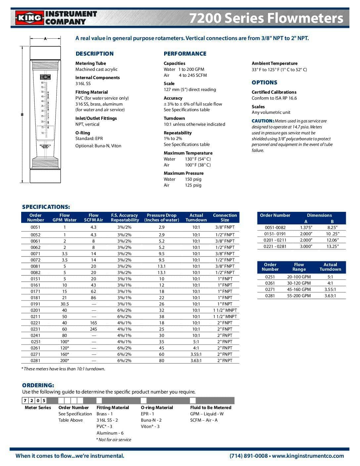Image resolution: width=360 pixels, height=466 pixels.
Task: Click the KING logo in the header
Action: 29,18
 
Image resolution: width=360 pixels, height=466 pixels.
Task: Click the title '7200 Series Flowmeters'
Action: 266,18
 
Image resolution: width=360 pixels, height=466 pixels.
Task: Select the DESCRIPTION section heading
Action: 94,54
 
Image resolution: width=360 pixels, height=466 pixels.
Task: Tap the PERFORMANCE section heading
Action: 185,54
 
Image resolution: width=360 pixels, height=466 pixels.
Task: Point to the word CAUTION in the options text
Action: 263,121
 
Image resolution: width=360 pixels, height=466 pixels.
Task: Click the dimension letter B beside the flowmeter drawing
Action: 22,115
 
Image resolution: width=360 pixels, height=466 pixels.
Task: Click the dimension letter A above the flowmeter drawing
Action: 45,39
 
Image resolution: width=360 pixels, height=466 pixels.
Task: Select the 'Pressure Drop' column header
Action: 161,217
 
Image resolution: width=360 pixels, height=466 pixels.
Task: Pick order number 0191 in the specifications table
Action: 35,304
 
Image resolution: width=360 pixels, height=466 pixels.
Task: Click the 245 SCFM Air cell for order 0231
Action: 93,329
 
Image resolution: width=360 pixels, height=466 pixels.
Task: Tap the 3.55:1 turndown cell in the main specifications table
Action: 196,354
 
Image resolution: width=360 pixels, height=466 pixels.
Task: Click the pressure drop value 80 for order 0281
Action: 161,360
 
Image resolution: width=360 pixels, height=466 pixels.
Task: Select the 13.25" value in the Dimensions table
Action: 332,246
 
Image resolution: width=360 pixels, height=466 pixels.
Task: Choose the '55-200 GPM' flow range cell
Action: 299,296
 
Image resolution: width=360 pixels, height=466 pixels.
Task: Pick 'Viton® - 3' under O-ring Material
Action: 150,426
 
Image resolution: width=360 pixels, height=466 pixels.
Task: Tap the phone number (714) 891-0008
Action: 248,456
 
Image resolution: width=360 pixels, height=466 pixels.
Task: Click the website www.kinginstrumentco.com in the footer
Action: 308,456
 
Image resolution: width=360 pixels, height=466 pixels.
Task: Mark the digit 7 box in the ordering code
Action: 25,400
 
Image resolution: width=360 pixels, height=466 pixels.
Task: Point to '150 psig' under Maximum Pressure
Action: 193,179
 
